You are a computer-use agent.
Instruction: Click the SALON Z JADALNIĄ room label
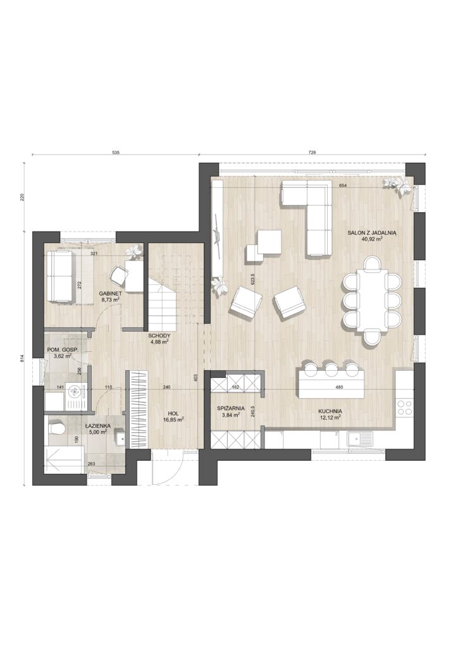(372, 233)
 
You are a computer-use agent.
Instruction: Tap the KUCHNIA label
(330, 411)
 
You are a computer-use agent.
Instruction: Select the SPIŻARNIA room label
(231, 408)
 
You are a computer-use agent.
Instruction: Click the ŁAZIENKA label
(98, 425)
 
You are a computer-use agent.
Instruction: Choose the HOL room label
(173, 413)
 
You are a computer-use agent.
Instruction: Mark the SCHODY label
(159, 335)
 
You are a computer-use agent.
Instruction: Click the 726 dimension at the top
(312, 153)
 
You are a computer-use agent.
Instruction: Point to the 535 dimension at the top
(116, 153)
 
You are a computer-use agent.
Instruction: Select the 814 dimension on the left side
(23, 359)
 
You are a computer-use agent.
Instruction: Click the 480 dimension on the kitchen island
(339, 387)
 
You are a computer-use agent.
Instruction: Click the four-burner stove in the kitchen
(404, 407)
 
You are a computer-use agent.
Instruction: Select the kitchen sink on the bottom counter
(360, 439)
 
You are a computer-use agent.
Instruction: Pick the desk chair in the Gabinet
(118, 275)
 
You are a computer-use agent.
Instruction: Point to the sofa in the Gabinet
(60, 276)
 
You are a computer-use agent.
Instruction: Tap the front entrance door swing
(168, 468)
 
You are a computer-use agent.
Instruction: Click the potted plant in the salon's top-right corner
(398, 185)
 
